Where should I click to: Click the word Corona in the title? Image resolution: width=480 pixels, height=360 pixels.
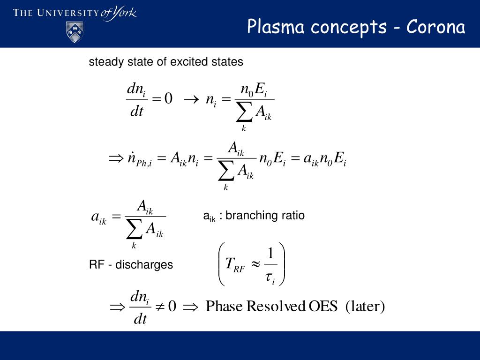436,27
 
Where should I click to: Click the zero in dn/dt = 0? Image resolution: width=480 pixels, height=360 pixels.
168,98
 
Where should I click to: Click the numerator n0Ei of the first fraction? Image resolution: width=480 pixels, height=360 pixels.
253,90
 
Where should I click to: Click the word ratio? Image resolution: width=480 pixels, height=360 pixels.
293,216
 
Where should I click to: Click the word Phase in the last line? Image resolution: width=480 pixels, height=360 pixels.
225,307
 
